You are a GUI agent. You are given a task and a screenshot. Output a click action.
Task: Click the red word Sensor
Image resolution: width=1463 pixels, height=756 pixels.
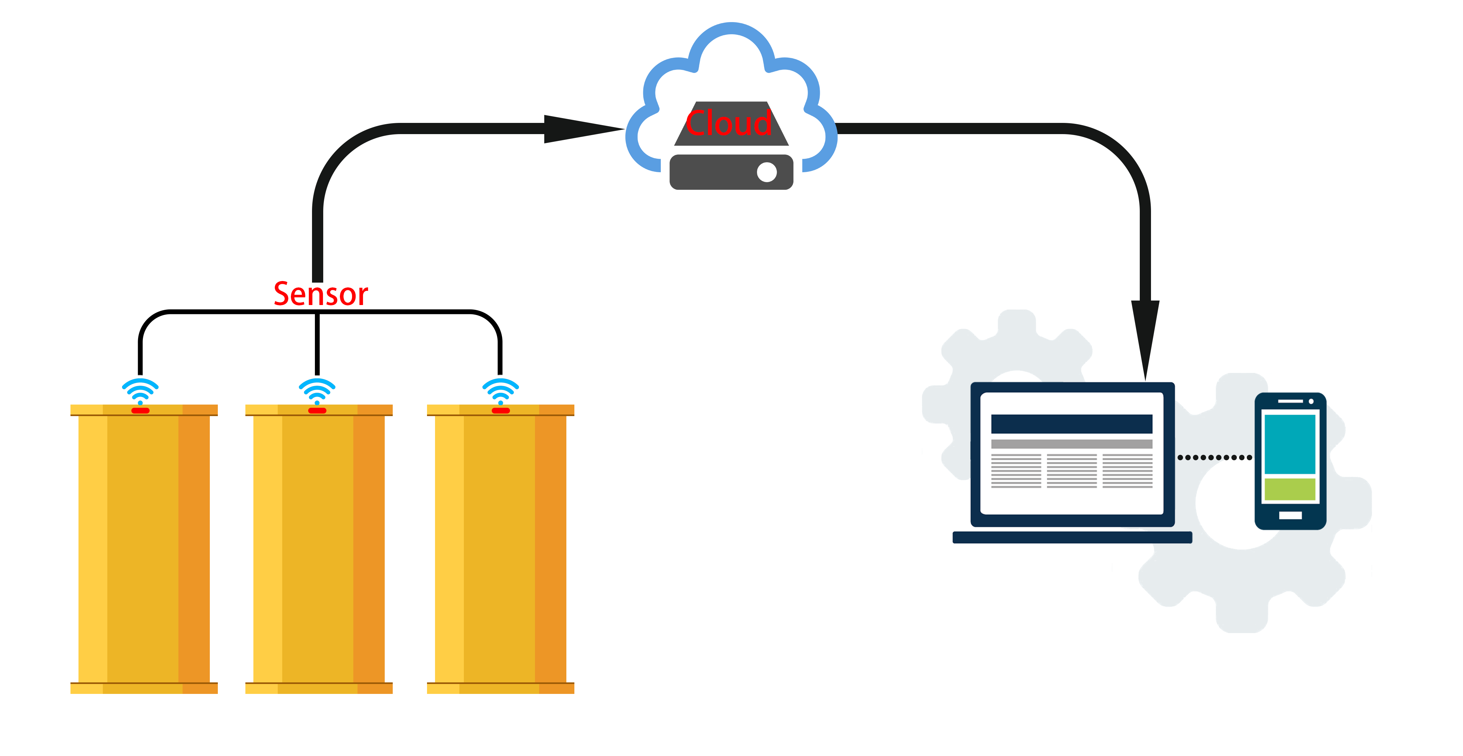click(x=321, y=294)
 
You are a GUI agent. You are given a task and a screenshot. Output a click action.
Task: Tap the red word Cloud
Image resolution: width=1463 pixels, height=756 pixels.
click(x=729, y=123)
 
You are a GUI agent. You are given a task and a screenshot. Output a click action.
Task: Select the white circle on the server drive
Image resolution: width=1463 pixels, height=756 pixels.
click(x=767, y=172)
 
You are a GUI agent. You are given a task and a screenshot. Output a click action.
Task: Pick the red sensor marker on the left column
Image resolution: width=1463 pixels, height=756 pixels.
click(x=140, y=410)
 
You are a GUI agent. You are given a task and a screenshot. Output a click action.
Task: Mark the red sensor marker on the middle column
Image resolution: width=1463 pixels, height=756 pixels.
click(x=317, y=410)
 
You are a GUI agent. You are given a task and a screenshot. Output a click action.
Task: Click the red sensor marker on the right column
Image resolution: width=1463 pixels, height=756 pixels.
click(x=500, y=410)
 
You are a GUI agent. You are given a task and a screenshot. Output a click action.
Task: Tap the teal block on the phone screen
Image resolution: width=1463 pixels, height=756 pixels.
click(x=1290, y=444)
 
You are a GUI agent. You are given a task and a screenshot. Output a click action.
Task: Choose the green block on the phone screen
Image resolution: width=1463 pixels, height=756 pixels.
click(x=1290, y=489)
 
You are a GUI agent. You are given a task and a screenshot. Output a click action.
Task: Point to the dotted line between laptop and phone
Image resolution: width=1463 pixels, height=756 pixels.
click(x=1214, y=457)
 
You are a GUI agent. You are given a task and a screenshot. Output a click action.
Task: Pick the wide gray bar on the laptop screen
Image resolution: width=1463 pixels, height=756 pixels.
click(x=1071, y=444)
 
